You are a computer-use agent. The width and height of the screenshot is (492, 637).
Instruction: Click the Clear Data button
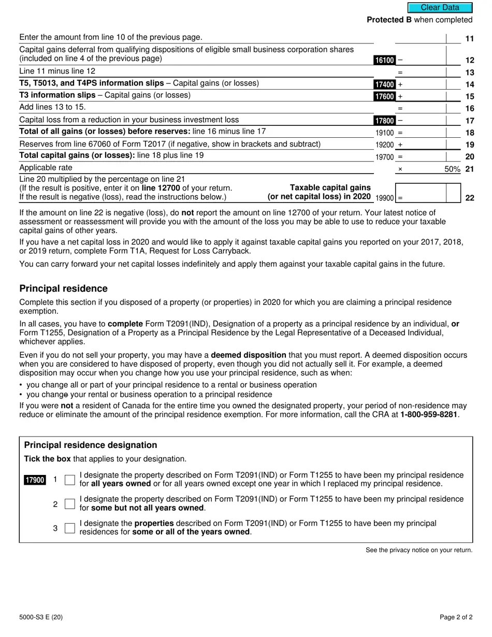pos(440,8)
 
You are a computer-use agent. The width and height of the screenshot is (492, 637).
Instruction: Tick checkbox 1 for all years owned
pos(70,480)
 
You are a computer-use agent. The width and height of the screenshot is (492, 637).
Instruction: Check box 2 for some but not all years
pos(70,504)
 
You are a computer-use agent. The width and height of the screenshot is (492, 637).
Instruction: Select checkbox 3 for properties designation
pos(70,528)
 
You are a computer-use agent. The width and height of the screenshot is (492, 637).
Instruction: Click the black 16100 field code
pos(384,60)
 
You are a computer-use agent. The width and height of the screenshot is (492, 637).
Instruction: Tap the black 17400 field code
pos(384,84)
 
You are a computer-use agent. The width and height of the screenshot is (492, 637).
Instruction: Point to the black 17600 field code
pos(384,96)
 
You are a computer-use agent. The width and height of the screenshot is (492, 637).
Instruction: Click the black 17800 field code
pos(384,121)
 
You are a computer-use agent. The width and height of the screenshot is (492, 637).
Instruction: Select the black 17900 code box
pos(35,480)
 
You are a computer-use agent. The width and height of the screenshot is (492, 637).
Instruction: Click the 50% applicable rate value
pos(452,169)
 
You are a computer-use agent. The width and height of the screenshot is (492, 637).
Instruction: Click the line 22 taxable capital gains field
pos(421,193)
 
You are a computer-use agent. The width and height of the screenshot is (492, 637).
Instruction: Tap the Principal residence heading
pos(63,289)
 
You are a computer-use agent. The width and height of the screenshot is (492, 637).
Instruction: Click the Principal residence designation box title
pos(91,445)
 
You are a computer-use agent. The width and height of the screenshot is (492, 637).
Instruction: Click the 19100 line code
pos(384,133)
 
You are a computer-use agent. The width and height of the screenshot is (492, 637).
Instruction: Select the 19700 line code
pos(384,157)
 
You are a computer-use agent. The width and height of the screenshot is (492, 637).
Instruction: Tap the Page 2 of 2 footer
pos(456,617)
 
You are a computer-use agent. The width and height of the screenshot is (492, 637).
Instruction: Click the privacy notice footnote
pos(419,551)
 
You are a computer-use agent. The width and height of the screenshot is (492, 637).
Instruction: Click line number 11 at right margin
pos(470,39)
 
